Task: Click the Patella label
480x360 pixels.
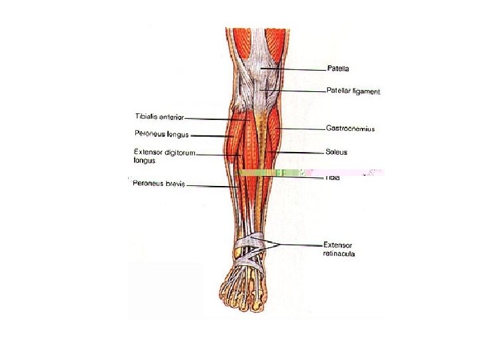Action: click(x=338, y=68)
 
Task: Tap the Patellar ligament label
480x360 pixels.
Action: click(x=353, y=91)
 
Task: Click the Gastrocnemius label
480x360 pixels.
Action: click(x=350, y=128)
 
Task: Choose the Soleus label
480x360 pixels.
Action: click(x=336, y=152)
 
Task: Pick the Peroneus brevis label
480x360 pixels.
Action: click(x=157, y=184)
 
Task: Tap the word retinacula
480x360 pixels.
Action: click(x=341, y=253)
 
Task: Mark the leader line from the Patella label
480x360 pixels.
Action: click(x=293, y=68)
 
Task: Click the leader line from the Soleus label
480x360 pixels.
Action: click(x=300, y=153)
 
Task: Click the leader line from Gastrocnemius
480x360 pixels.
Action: click(x=300, y=128)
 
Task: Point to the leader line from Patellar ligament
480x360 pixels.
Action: click(x=293, y=91)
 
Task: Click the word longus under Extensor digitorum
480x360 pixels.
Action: click(x=144, y=161)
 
